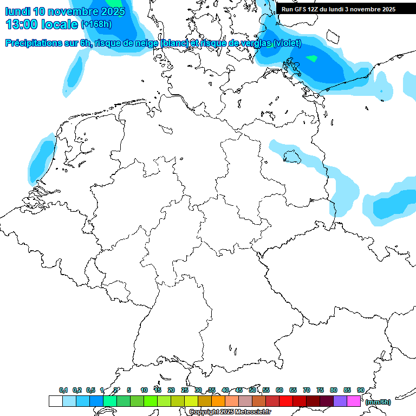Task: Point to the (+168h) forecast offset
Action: (x=96, y=24)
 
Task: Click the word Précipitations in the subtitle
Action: (x=32, y=43)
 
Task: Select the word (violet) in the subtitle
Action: (x=287, y=43)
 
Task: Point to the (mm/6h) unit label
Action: (x=378, y=402)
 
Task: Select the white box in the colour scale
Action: (x=55, y=401)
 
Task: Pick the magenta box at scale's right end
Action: (x=354, y=401)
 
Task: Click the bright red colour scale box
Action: (x=286, y=401)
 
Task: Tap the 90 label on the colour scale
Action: (x=360, y=390)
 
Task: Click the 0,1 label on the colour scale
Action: (x=63, y=390)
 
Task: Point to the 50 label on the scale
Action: (x=252, y=390)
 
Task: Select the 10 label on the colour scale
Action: (x=144, y=390)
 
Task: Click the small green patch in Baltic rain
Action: (x=311, y=58)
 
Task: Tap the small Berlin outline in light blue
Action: (x=291, y=157)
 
